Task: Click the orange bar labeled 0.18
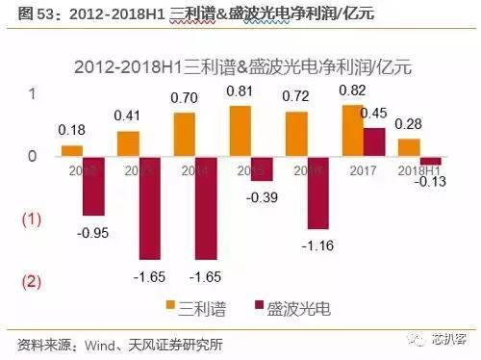coord(71,150)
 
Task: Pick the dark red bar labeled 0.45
coord(373,141)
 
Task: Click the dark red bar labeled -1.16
coord(317,193)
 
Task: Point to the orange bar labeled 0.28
coord(408,147)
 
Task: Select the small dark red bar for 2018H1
coord(430,160)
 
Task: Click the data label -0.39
coord(262,197)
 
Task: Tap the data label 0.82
coord(353,89)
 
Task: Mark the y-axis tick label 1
coord(32,94)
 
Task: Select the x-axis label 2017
coord(363,169)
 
